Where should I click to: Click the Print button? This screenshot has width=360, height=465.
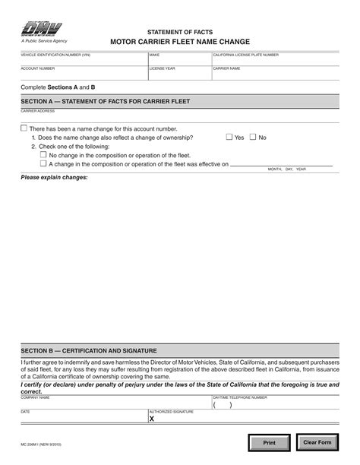[x=270, y=442]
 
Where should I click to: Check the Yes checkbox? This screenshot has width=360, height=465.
[x=229, y=138]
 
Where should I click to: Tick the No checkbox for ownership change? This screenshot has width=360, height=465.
[x=254, y=138]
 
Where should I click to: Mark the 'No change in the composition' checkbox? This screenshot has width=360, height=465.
[x=43, y=154]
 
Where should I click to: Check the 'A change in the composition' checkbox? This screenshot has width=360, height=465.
[x=43, y=163]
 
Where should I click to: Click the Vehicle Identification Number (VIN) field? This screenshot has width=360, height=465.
[x=84, y=61]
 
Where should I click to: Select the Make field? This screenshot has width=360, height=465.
[x=179, y=61]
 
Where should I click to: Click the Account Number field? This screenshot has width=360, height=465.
[x=84, y=74]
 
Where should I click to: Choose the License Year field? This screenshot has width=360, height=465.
[x=179, y=74]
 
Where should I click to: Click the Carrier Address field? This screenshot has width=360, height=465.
[x=180, y=117]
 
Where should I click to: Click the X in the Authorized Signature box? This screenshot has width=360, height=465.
[x=152, y=418]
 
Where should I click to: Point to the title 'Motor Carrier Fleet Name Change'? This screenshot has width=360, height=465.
[x=180, y=43]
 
